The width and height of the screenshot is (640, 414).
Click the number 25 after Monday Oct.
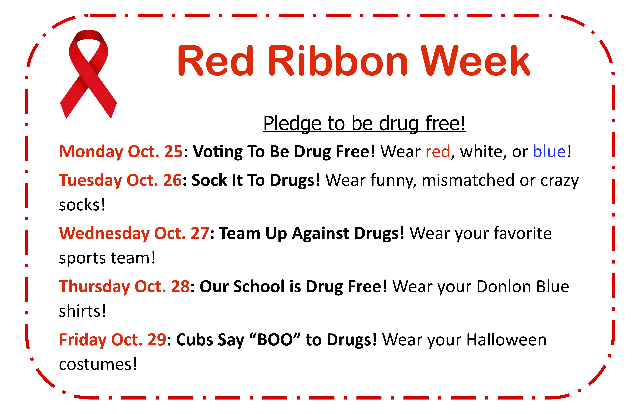pyautogui.click(x=173, y=151)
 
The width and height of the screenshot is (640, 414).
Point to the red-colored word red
pyautogui.click(x=438, y=151)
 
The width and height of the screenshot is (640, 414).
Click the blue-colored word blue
pyautogui.click(x=549, y=151)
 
